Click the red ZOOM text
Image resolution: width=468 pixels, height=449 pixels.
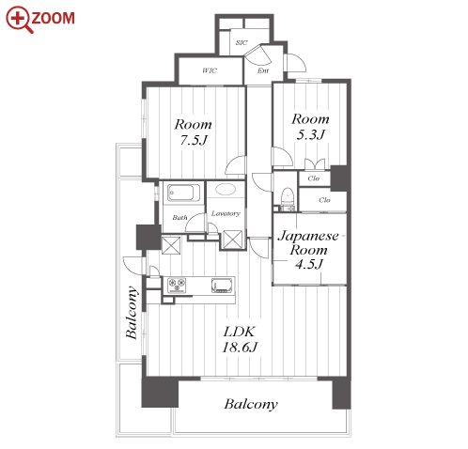coord(53,18)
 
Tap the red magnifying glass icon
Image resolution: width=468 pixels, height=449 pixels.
coord(19,20)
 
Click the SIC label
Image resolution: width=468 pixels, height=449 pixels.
coord(242,42)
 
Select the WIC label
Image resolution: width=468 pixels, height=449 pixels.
coord(210,70)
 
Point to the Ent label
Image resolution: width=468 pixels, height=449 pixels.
coord(263,70)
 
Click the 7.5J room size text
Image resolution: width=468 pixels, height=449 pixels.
coord(194,140)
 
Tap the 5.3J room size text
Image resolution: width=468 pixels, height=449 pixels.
coord(310,134)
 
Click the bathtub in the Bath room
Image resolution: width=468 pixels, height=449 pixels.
coord(183,193)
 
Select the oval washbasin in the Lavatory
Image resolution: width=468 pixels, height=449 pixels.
coord(226,190)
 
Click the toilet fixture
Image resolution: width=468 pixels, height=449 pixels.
coord(287,196)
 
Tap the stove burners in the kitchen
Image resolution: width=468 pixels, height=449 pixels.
coord(177,286)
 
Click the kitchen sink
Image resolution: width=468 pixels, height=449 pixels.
coord(222,286)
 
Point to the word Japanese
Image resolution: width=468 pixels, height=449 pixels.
coord(308,236)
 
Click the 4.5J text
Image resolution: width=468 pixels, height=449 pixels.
coord(309,265)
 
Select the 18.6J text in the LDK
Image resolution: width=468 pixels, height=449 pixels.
coord(240,348)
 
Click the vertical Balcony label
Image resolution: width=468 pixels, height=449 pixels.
coord(132,313)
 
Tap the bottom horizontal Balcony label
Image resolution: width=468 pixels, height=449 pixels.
coord(251,404)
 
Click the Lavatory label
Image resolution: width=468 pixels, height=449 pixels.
coord(226,213)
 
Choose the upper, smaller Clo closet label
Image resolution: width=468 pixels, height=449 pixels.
coord(314,178)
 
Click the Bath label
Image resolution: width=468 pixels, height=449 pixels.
coord(179,218)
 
